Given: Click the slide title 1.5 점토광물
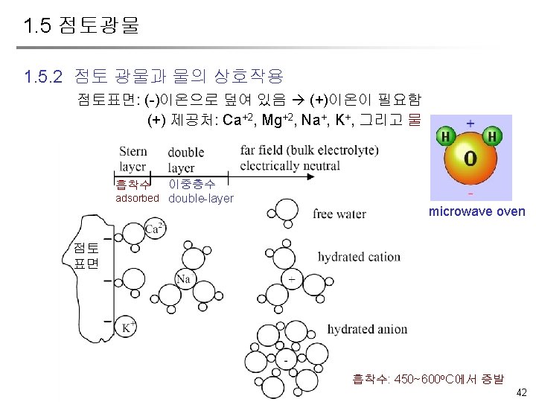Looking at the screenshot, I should tap(81, 27).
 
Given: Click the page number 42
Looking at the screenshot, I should tap(520, 392).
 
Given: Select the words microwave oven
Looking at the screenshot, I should tap(476, 212).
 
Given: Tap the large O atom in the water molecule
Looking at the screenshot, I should tap(470, 159).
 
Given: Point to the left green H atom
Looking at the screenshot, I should tap(445, 137).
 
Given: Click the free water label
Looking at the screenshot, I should tap(339, 214).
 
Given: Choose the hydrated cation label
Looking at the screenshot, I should tap(359, 257).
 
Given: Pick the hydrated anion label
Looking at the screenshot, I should tap(367, 329).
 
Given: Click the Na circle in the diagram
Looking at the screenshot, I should tap(184, 279).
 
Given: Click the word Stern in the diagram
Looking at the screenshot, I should tap(133, 152).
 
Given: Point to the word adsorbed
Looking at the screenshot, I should tap(137, 199).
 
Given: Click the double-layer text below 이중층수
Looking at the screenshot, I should tap(201, 199).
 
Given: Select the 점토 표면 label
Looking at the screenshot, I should tap(86, 255).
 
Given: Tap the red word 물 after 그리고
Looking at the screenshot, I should tap(415, 119).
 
